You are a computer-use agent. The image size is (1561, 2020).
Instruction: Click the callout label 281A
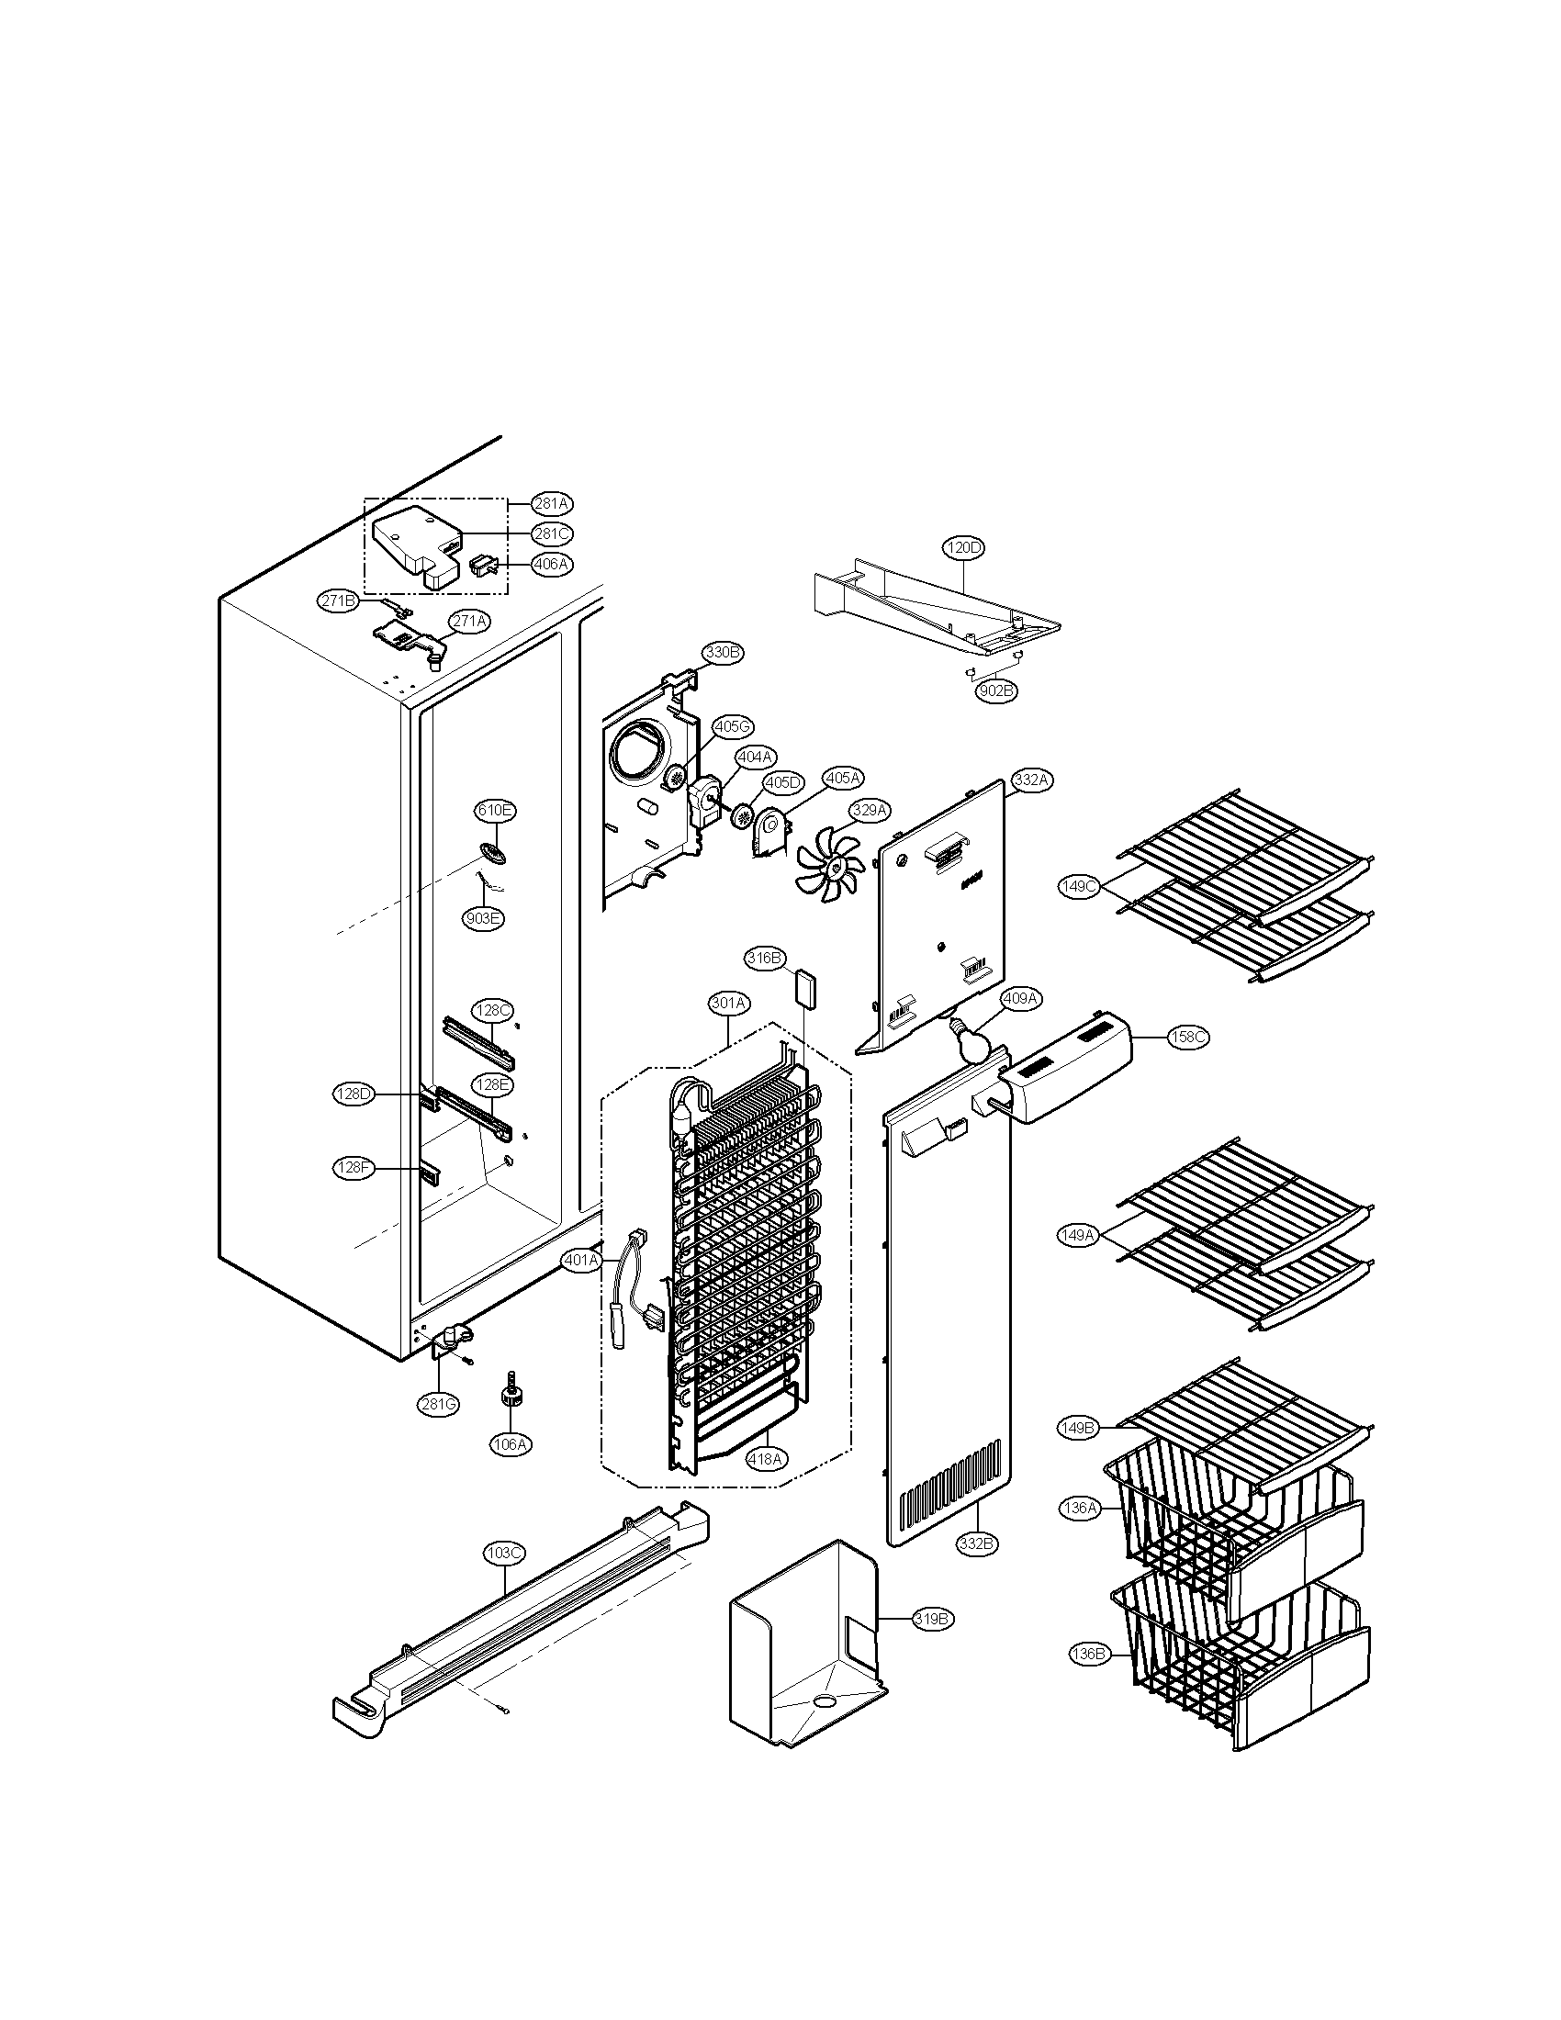pyautogui.click(x=552, y=503)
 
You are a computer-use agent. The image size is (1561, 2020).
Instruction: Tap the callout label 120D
pyautogui.click(x=963, y=547)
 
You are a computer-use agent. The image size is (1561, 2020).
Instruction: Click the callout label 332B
pyautogui.click(x=978, y=1543)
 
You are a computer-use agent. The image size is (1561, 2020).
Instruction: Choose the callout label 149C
pyautogui.click(x=1079, y=886)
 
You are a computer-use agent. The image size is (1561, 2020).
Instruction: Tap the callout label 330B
pyautogui.click(x=724, y=652)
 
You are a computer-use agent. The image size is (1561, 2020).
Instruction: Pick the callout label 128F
pyautogui.click(x=353, y=1168)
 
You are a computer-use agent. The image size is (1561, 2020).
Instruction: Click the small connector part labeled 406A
pyautogui.click(x=483, y=563)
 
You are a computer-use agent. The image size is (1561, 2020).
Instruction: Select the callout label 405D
pyautogui.click(x=782, y=782)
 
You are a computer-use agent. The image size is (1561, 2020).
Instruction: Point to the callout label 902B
pyautogui.click(x=995, y=689)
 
